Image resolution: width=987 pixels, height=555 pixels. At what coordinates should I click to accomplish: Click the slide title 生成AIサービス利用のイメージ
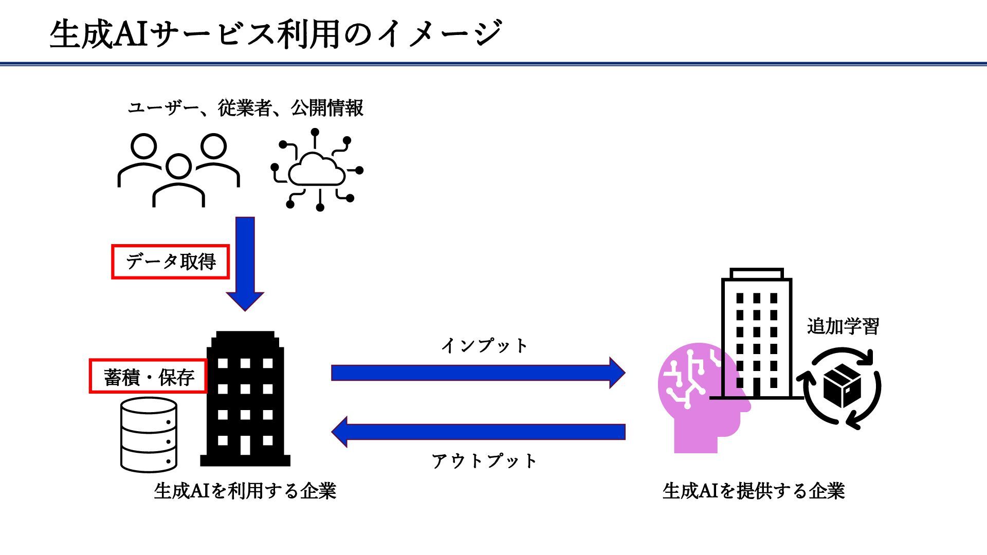pos(276,34)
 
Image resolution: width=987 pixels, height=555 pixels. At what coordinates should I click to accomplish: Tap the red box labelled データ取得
pos(171,262)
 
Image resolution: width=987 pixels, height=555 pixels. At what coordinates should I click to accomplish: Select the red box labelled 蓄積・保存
pos(149,377)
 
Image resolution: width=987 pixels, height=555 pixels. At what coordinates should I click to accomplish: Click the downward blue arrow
pos(245,262)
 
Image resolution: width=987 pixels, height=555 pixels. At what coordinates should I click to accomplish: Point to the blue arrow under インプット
pos(478,373)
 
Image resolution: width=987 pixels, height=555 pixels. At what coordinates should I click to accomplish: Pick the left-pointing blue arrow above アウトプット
pos(478,432)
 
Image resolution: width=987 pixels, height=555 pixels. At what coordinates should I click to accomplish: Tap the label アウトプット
pos(484,461)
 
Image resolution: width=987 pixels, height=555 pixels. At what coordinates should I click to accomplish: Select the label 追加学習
pos(843,326)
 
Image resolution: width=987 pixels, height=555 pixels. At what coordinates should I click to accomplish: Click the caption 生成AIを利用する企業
pos(245,491)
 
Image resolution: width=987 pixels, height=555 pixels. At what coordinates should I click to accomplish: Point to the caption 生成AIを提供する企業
pos(754,491)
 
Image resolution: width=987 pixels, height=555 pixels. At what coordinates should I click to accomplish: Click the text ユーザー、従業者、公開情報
pos(245,108)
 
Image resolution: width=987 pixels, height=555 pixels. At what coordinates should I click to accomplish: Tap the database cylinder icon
pos(149,435)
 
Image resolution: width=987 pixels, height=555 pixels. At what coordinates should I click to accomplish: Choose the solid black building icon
pos(245,399)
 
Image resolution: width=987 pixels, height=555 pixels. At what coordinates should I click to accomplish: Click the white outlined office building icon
pos(756,334)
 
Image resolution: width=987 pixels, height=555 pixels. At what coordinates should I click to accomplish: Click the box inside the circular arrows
pos(842,385)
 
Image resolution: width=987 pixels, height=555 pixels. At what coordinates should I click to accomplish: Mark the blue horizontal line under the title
pos(493,64)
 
